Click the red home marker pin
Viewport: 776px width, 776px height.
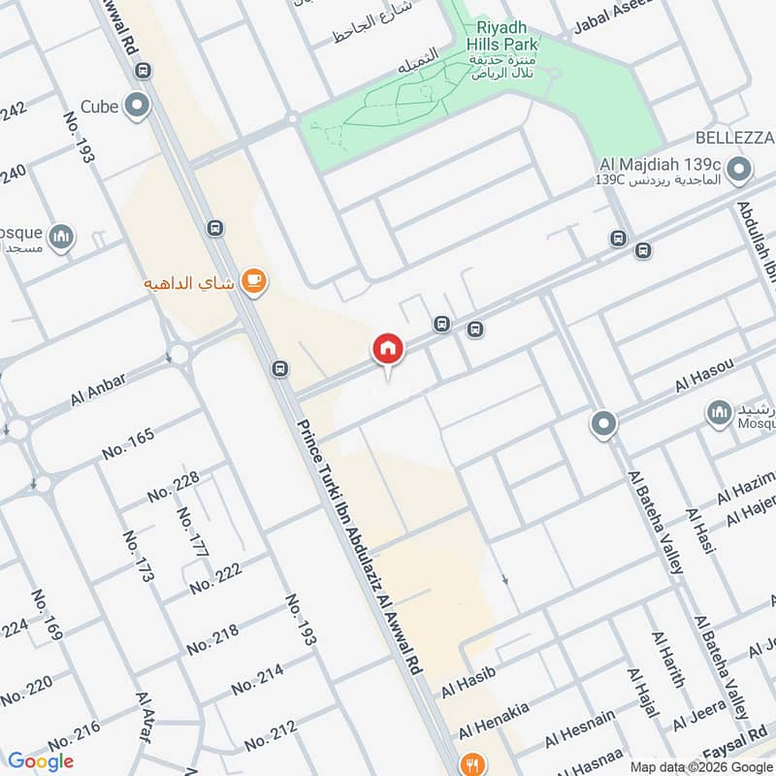(387, 348)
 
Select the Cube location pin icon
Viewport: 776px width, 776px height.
(138, 106)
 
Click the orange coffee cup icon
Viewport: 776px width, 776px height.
(254, 281)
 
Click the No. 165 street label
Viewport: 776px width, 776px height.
(128, 444)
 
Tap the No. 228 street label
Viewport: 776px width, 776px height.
(174, 487)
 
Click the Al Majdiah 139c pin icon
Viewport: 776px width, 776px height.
(739, 172)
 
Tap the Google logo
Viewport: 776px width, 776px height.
(40, 761)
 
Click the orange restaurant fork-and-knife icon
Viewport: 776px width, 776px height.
(471, 762)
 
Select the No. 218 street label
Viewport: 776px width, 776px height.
(212, 637)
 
